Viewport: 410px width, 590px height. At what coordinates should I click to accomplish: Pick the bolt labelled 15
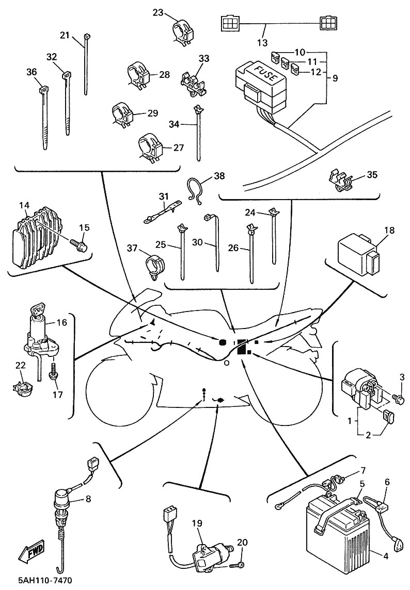tap(81, 244)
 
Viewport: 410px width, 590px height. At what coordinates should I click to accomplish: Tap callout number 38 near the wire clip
tap(219, 175)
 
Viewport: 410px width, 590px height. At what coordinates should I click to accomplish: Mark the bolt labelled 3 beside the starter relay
tap(399, 399)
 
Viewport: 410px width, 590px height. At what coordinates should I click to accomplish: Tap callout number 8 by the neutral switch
tap(88, 499)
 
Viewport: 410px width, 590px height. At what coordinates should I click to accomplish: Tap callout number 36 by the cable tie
tap(32, 72)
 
